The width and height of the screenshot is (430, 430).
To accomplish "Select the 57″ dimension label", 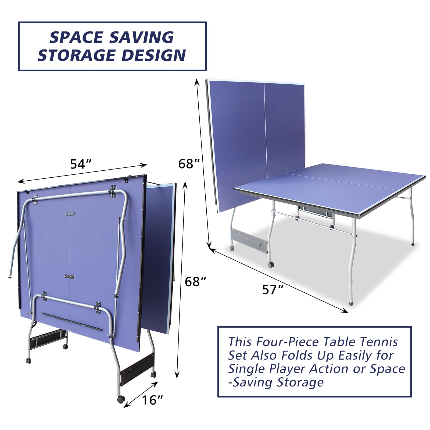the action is (x=273, y=289).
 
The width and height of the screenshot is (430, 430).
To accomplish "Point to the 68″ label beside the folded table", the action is (x=195, y=282).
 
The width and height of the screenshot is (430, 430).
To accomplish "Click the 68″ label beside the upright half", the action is (x=189, y=164).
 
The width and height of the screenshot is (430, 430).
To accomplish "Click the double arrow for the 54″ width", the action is (x=82, y=173).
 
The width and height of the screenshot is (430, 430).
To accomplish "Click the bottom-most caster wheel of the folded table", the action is (x=120, y=400).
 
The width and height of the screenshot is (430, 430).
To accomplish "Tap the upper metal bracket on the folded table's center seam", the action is (x=70, y=214).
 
